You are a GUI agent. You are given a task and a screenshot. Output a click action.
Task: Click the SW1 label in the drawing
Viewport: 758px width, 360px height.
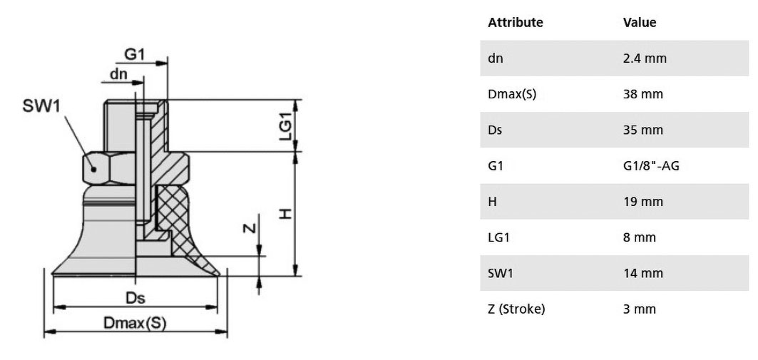42,106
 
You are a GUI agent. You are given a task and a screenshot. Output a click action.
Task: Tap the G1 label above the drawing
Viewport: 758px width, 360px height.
134,54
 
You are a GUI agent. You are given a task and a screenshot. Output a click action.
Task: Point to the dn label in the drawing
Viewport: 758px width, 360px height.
118,74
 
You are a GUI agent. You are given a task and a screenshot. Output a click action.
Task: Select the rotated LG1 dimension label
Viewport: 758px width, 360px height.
286,127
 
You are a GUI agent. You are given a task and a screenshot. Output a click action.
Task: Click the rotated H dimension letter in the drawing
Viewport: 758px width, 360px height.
286,213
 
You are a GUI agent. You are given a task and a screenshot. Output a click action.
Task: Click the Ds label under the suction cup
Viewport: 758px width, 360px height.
135,298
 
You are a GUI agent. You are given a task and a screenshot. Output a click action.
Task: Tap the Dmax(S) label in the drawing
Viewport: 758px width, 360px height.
135,323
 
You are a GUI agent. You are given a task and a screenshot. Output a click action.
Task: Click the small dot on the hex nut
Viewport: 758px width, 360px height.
94,169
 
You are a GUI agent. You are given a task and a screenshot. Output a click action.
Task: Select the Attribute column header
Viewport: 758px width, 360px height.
516,22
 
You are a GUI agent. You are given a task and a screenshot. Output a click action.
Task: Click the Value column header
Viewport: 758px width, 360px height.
640,22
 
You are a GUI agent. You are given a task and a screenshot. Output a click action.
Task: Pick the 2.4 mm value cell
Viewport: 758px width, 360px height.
645,58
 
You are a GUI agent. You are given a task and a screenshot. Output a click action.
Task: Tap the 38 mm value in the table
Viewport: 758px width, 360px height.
643,94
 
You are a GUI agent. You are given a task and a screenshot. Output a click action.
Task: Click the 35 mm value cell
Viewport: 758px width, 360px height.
643,130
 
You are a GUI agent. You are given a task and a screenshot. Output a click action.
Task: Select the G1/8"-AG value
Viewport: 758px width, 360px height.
652,166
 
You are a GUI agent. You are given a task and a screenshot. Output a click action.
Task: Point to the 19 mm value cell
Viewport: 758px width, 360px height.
643,202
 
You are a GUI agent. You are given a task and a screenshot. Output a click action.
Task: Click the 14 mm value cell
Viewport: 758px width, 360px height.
643,273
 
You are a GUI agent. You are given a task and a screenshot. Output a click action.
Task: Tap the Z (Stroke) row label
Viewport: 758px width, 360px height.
516,309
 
